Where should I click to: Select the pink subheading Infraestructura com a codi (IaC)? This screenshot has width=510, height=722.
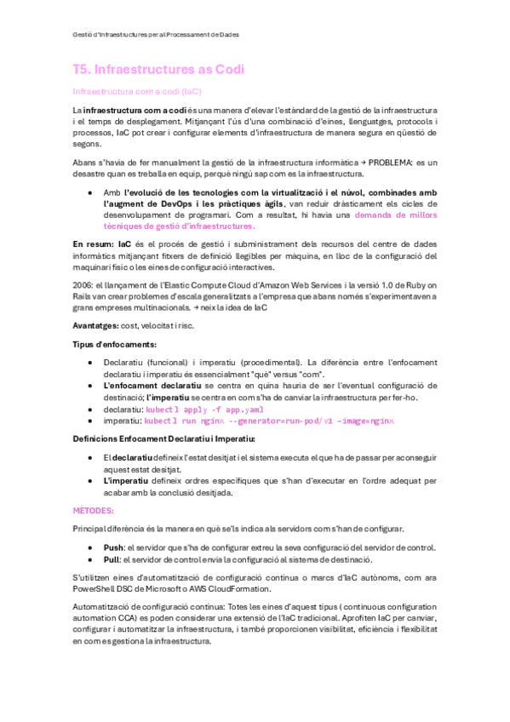click(x=137, y=90)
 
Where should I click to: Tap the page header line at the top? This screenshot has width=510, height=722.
click(x=154, y=35)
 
